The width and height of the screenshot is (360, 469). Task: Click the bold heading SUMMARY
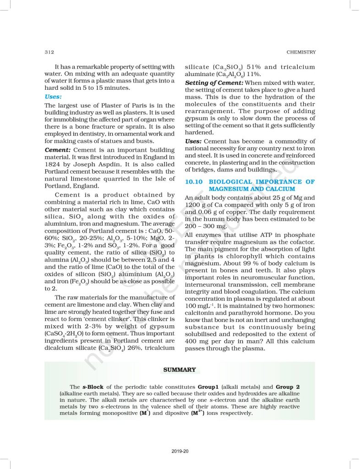click(180, 370)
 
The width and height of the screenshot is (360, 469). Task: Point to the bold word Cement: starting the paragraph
click(58, 150)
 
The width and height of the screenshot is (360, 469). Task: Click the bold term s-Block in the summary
click(92, 387)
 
